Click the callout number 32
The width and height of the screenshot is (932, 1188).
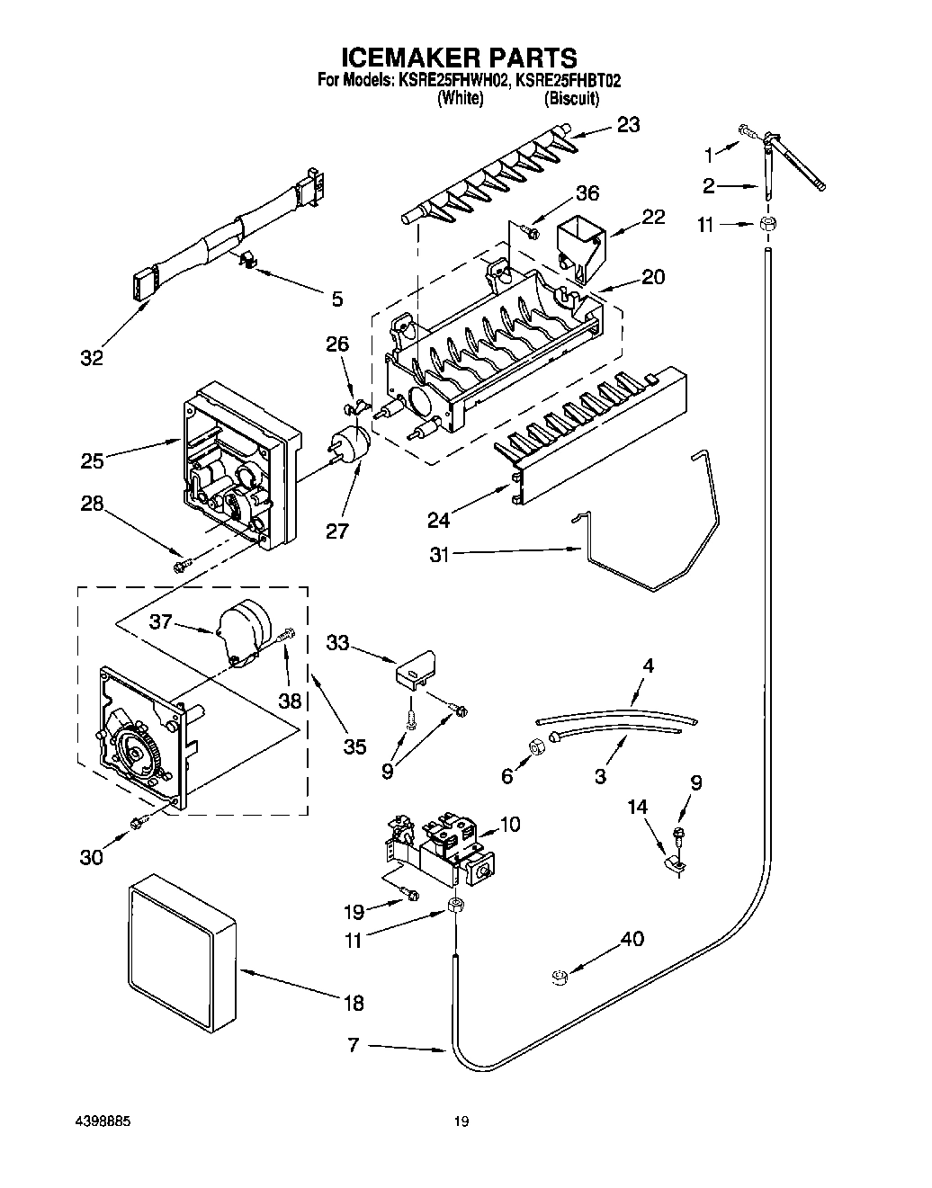pos(91,357)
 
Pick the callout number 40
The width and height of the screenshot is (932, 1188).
pos(632,940)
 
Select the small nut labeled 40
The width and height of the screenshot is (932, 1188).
pos(560,977)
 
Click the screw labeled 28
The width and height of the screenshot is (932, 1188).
pos(182,565)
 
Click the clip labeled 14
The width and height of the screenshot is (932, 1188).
pos(675,865)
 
